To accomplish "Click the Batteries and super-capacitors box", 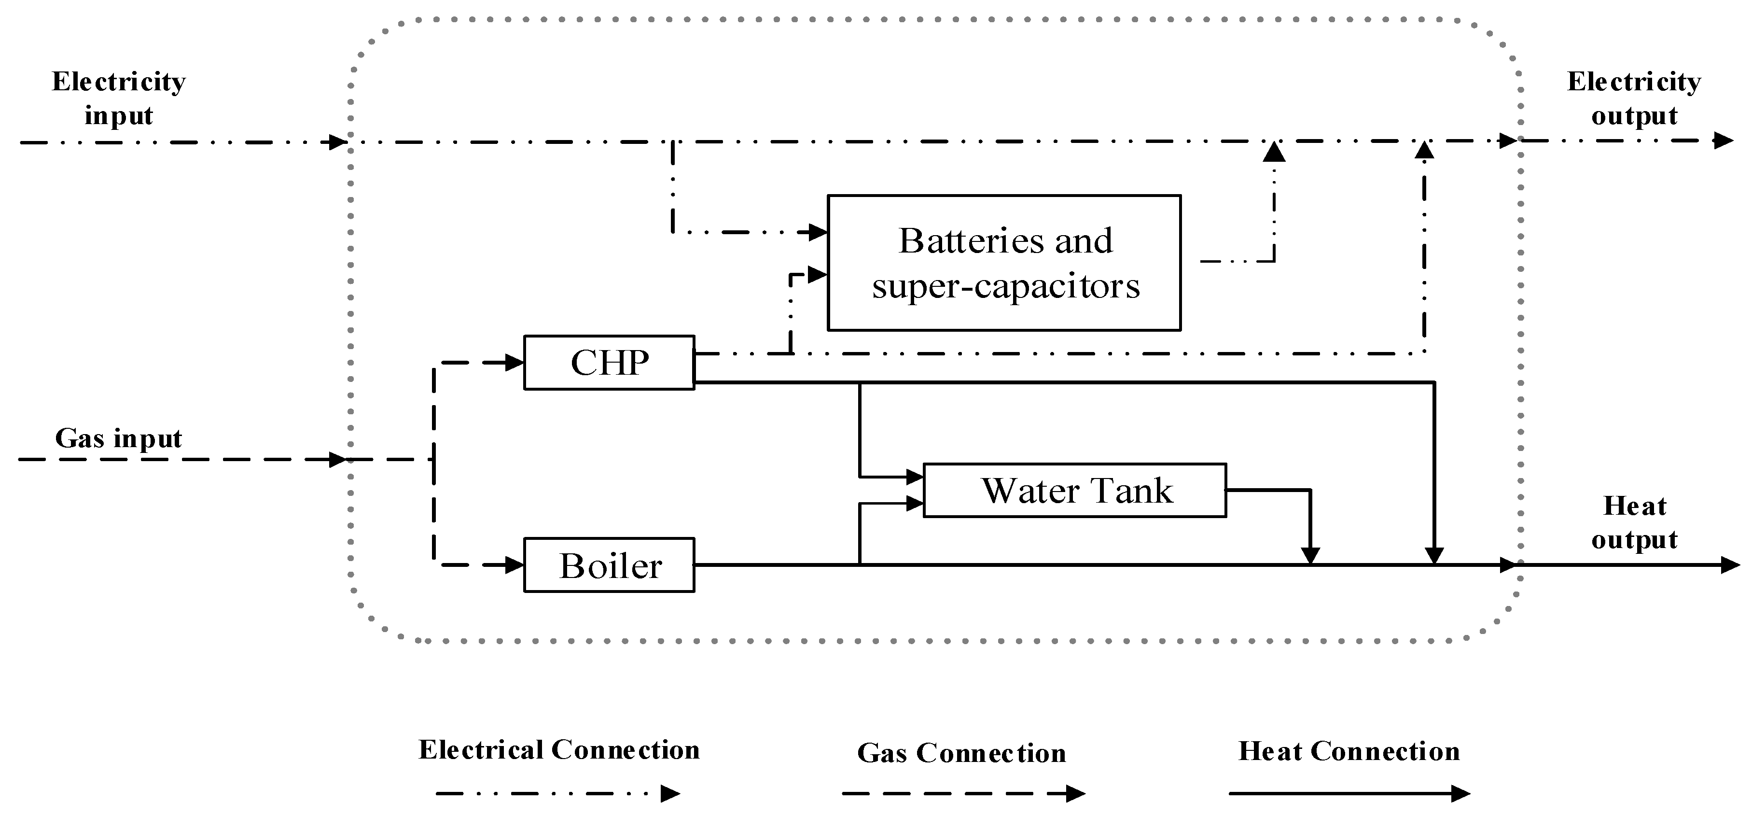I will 1004,263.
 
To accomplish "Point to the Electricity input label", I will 119,99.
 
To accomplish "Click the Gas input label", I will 119,438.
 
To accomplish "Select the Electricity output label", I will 1634,99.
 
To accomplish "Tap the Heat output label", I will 1634,522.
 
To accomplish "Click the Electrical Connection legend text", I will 559,750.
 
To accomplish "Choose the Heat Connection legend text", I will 1349,751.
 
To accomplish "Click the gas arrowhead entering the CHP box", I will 515,363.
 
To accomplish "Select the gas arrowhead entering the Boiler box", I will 515,564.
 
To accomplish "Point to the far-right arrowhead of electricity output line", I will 1724,141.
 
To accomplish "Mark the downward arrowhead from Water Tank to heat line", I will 1310,556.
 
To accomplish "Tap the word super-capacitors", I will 1005,286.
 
